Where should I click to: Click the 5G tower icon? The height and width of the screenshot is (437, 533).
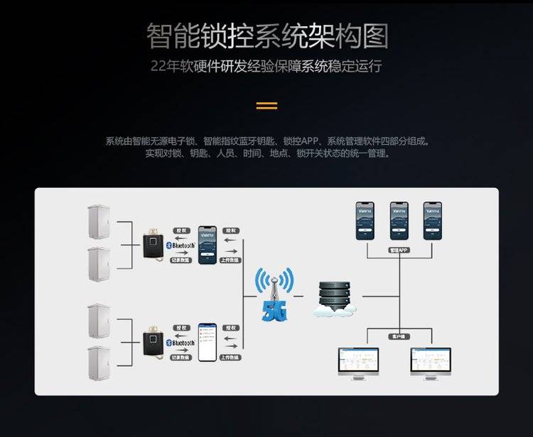click(275, 294)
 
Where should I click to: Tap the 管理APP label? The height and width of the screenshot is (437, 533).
click(398, 250)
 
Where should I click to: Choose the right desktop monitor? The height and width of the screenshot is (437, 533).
click(431, 364)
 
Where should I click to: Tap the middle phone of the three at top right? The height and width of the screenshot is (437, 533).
click(398, 221)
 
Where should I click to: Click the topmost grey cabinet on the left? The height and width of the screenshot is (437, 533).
click(97, 222)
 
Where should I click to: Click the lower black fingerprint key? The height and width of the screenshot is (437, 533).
click(152, 342)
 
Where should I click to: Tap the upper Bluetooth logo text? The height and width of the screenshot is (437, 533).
click(182, 245)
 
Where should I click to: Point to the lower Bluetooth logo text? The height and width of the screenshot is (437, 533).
click(182, 343)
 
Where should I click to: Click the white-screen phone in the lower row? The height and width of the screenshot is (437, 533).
click(207, 342)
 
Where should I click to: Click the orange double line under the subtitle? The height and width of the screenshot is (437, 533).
click(266, 106)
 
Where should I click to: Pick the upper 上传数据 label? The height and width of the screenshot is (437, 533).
click(230, 260)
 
